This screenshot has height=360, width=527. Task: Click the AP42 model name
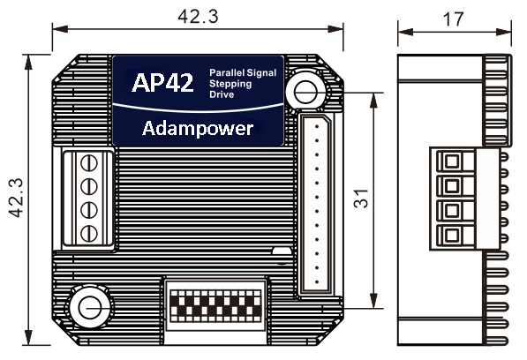coord(162,82)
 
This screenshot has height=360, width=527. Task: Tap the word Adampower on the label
coord(198,129)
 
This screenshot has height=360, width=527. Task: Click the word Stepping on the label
coord(230,84)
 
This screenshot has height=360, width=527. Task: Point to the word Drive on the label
coord(222,94)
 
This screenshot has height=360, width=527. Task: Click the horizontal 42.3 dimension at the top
coord(198,17)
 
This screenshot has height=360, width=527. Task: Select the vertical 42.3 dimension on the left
coord(16,198)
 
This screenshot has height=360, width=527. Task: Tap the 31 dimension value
coord(361,199)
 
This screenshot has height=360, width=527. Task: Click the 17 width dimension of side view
coord(454,19)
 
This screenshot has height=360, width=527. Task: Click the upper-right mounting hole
coord(305,92)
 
